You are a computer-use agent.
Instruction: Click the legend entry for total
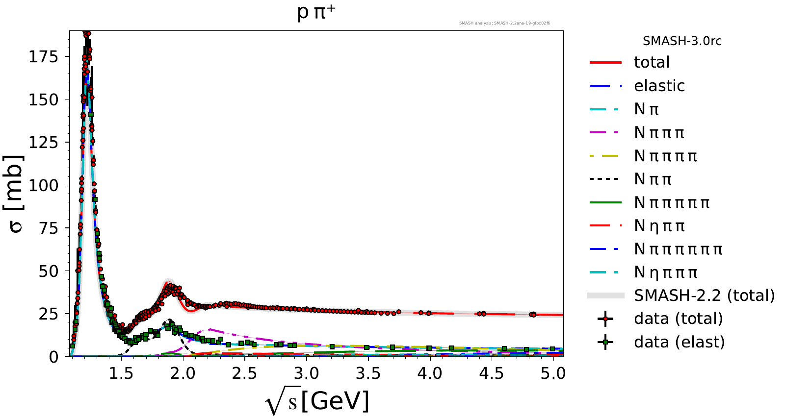[x=652, y=62]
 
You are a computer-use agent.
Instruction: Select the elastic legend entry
[x=659, y=86]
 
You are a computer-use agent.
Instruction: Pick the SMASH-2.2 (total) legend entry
[x=704, y=296]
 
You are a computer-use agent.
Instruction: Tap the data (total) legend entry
[x=678, y=319]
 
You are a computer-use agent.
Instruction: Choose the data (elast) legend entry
[x=679, y=342]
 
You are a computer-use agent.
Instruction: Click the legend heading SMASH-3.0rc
[x=682, y=41]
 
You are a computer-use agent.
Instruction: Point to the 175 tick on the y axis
[x=43, y=57]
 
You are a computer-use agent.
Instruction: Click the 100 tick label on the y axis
[x=43, y=185]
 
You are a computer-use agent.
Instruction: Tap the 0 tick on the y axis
[x=53, y=357]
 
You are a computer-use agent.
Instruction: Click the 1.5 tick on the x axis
[x=121, y=373]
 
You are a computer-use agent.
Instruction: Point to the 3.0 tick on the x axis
[x=306, y=373]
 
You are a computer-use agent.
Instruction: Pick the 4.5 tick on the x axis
[x=492, y=373]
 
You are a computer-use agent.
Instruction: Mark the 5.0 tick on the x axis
[x=553, y=373]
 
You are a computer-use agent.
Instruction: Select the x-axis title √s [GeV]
[x=317, y=402]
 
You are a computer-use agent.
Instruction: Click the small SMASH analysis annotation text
[x=504, y=23]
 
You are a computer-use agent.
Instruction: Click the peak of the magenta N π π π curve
[x=209, y=329]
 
